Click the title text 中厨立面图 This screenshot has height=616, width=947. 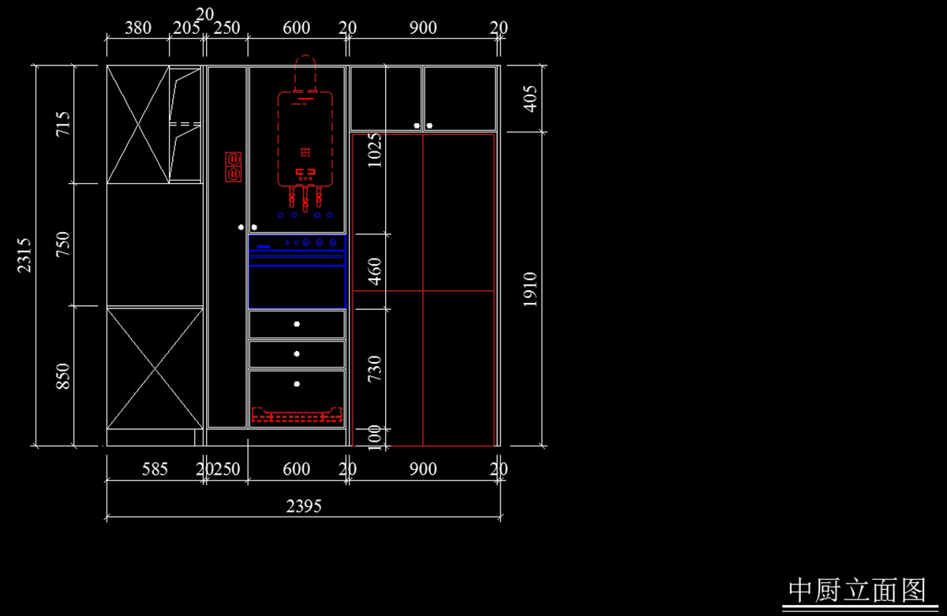point(857,589)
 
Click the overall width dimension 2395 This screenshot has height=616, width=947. point(304,506)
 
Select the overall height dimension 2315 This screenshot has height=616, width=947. point(24,255)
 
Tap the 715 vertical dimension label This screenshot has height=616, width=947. point(63,125)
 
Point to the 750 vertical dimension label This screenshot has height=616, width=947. point(63,245)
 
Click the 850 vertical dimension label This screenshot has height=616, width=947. point(63,375)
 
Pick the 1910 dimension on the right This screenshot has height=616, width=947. point(530,289)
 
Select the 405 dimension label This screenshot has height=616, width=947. point(530,99)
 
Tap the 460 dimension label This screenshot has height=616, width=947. point(375,271)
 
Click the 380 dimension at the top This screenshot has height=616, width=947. point(138,28)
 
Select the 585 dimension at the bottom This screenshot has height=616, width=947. point(155,469)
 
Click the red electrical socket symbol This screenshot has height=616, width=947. point(233,166)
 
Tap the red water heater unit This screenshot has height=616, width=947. point(305,138)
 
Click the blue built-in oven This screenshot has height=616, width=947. point(297,271)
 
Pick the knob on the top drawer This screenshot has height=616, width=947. point(297,324)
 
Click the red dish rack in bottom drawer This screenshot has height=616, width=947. point(297,414)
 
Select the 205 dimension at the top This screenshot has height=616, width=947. point(185,28)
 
